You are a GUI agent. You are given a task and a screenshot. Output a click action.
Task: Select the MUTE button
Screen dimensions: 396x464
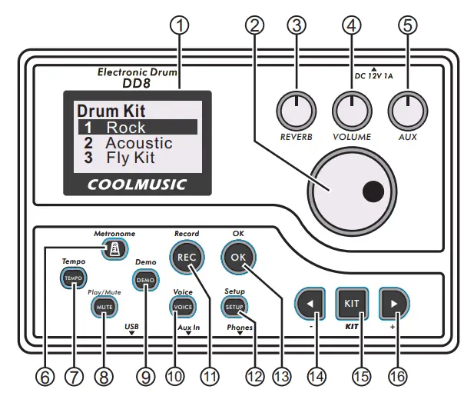pos(103,305)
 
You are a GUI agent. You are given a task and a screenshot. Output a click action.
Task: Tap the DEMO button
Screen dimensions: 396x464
pos(145,281)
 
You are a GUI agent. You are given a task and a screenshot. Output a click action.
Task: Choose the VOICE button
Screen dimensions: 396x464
pos(183,305)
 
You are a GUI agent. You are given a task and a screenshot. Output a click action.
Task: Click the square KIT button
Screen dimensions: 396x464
pos(353,303)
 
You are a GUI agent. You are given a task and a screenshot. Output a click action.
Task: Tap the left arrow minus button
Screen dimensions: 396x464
pos(310,303)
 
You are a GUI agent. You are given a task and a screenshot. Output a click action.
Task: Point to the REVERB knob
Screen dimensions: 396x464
pos(292,111)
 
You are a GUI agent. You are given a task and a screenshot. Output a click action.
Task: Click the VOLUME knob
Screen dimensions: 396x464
pos(351,111)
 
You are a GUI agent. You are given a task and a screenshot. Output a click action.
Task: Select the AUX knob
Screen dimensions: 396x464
pos(406,111)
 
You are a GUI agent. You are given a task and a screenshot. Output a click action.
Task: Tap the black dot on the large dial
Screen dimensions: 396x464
pos(373,190)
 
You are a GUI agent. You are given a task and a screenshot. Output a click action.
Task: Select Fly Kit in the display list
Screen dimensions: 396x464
pos(130,158)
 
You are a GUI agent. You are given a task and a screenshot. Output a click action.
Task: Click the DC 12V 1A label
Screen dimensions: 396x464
pos(374,75)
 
